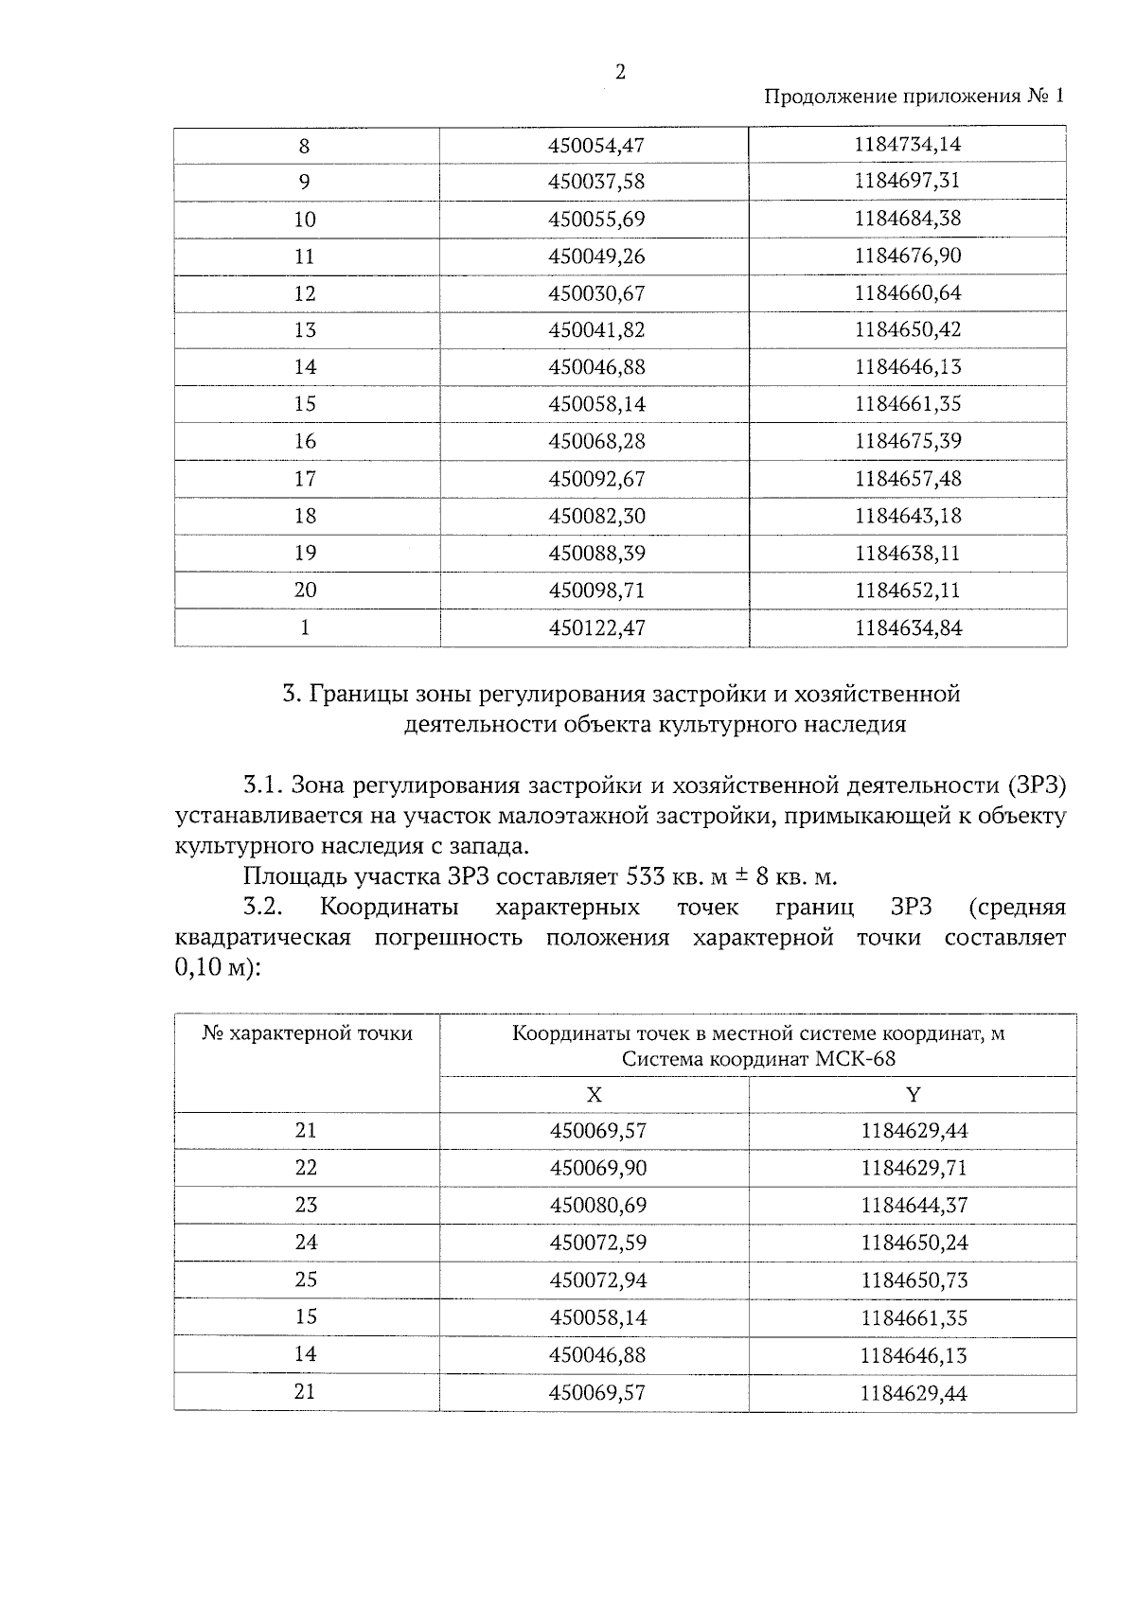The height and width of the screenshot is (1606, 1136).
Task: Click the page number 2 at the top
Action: (x=620, y=73)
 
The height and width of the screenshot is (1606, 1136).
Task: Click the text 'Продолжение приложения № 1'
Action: (x=914, y=97)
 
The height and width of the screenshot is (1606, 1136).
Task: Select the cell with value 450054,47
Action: (x=596, y=146)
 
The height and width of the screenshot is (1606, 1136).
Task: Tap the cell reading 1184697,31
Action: (x=907, y=181)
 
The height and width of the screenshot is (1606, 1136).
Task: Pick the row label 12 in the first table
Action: (x=304, y=293)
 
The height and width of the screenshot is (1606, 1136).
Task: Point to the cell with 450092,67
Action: (x=596, y=479)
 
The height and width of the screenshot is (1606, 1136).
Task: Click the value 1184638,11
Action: (x=907, y=553)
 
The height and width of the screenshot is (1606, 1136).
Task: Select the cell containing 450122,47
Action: (x=596, y=627)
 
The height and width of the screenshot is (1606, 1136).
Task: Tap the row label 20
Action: (x=304, y=591)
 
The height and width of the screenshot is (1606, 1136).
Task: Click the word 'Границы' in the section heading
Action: (x=356, y=695)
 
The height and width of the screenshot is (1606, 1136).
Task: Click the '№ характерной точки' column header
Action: (x=307, y=1032)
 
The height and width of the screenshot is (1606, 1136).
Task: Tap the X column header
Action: (x=594, y=1095)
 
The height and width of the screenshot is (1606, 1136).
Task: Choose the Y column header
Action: (x=913, y=1095)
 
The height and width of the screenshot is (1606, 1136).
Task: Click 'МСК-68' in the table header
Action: (x=855, y=1059)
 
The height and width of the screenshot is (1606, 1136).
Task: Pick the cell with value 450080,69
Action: (x=598, y=1206)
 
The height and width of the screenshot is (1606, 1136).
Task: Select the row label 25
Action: (x=305, y=1280)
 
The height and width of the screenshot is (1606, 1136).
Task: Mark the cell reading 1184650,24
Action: (x=914, y=1243)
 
